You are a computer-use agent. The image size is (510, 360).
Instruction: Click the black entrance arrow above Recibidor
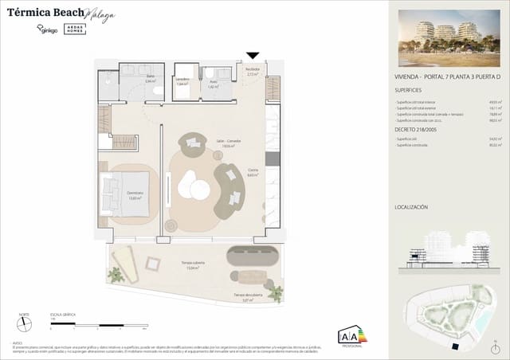pyautogui.click(x=253, y=56)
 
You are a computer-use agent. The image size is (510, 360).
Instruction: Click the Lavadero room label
pyautogui.click(x=182, y=80)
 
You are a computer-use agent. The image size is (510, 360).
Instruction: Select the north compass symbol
pyautogui.click(x=25, y=326)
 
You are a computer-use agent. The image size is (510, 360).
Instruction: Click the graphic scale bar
pyautogui.click(x=98, y=326)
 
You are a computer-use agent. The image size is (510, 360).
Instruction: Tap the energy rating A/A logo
pyautogui.click(x=350, y=336)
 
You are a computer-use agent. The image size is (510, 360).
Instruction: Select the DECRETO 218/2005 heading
pyautogui.click(x=416, y=129)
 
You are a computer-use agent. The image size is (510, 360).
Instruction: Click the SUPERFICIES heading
pyautogui.click(x=410, y=90)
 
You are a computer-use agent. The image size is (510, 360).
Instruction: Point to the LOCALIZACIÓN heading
pyautogui.click(x=411, y=206)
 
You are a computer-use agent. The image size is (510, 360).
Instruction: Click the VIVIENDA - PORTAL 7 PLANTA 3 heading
pyautogui.click(x=441, y=76)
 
